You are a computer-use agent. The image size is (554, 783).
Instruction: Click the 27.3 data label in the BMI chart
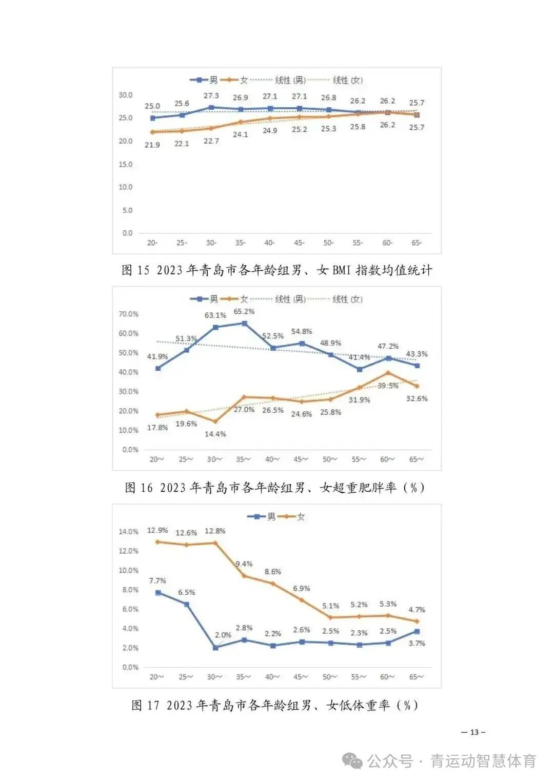211,96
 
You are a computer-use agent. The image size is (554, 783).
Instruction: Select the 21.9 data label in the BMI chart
152,145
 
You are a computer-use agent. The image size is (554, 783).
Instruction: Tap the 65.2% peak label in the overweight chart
244,312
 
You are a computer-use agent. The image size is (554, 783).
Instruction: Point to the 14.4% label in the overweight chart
215,434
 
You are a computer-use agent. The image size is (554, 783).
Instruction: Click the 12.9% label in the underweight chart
157,530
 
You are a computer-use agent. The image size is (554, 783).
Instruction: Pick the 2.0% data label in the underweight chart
223,635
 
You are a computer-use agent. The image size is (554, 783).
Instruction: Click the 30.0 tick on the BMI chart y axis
126,95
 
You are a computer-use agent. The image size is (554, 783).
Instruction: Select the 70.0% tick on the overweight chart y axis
128,314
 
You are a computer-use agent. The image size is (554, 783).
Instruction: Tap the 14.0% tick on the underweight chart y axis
128,532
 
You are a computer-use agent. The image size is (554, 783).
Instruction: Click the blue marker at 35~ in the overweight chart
244,324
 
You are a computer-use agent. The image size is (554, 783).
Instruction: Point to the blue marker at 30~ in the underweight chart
215,648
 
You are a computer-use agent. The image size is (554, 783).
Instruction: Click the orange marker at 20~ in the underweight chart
157,541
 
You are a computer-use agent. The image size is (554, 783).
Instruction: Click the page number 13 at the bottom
473,732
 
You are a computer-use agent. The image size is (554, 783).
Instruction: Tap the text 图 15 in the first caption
135,270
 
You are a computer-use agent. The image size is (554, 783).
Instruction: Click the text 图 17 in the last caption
145,706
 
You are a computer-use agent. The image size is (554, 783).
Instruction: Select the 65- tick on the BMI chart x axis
417,243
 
